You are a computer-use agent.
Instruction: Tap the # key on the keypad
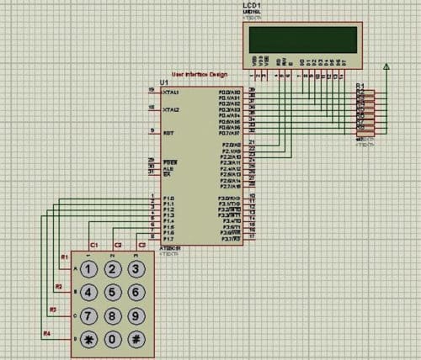[x=134, y=340]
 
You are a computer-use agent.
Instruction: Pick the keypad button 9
[x=134, y=316]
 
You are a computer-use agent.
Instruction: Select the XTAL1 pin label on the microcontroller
[x=171, y=92]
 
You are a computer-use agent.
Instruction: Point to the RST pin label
[x=168, y=132]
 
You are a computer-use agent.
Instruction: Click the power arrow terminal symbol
[x=386, y=66]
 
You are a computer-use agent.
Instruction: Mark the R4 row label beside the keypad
[x=47, y=334]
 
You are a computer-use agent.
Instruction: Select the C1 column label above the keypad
[x=94, y=245]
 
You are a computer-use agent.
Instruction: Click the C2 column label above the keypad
[x=118, y=245]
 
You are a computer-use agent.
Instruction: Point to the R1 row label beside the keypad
[x=62, y=257]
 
